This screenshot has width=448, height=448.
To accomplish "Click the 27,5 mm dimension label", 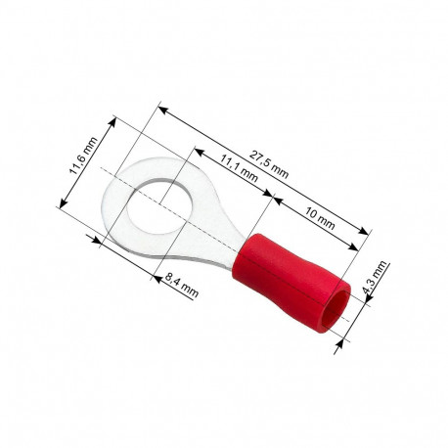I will (x=270, y=161).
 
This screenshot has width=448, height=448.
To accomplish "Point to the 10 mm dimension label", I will (x=320, y=217).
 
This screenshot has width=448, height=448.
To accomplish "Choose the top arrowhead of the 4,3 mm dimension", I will (x=369, y=298).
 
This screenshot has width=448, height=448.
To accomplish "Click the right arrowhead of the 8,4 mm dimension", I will (x=157, y=275).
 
